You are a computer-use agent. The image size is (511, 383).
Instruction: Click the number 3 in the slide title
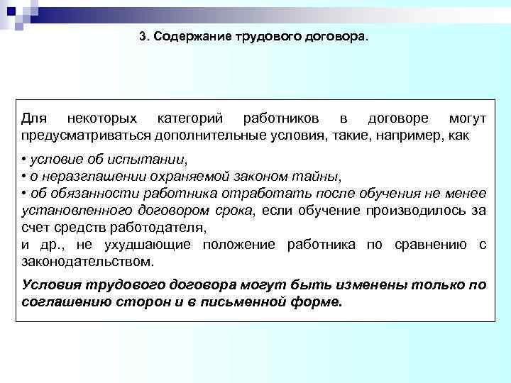pos(143,35)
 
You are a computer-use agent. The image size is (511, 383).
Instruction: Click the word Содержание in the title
pos(183,35)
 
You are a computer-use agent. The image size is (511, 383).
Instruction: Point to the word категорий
pos(190,118)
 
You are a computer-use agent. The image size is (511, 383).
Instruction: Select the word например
pos(419,134)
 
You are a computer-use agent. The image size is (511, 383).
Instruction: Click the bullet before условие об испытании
pos(24,159)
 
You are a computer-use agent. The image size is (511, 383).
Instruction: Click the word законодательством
pos(87,261)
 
